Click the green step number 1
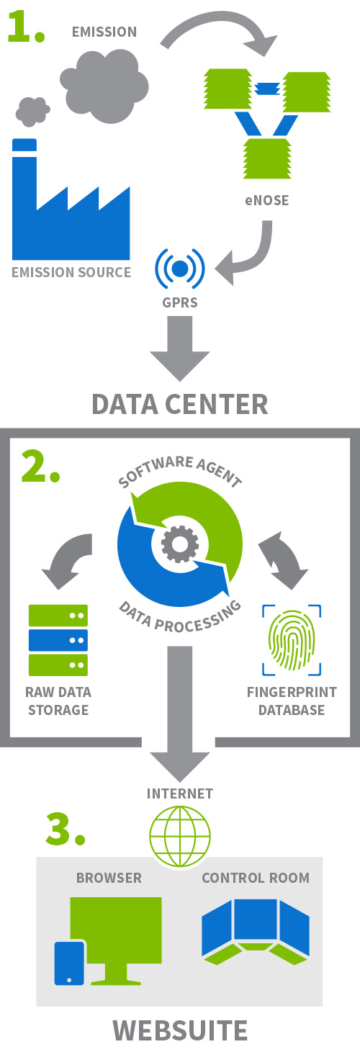26,27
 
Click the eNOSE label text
266,201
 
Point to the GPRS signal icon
180,269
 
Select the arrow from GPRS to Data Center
180,349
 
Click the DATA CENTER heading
180,404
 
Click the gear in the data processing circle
180,544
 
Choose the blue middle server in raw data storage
58,640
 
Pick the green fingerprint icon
292,639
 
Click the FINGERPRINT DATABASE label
292,701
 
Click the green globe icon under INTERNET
180,837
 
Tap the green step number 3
66,829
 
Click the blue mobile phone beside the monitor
69,963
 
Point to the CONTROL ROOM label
256,878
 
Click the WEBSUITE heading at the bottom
180,1030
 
